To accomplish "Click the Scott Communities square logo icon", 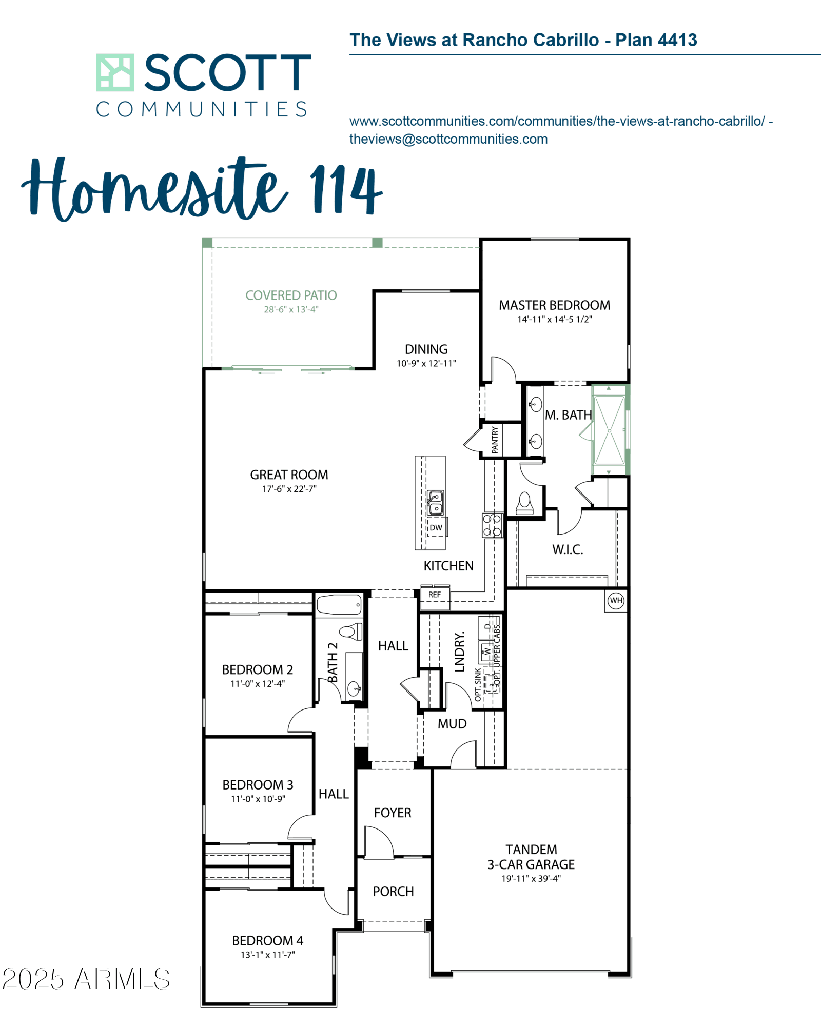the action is [115, 72].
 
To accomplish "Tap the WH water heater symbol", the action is [616, 600].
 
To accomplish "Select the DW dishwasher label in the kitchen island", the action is [436, 527].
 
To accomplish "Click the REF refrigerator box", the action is [435, 597].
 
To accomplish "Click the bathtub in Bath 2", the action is [339, 605].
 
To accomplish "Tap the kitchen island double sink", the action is [435, 503].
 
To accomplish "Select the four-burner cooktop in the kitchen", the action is [492, 525].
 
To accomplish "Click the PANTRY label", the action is [495, 440].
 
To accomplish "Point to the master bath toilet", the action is [524, 503].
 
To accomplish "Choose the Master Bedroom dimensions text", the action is [554, 319].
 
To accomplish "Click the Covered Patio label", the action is [291, 295].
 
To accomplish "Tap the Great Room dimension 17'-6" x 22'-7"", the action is [289, 489].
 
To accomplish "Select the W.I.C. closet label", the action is [568, 549].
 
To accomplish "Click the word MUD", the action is [452, 724].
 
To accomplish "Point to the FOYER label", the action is [393, 813].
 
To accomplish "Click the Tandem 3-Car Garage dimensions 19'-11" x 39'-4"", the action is [531, 878].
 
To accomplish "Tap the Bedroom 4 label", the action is [268, 940].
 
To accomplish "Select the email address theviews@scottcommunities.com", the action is [448, 139].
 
